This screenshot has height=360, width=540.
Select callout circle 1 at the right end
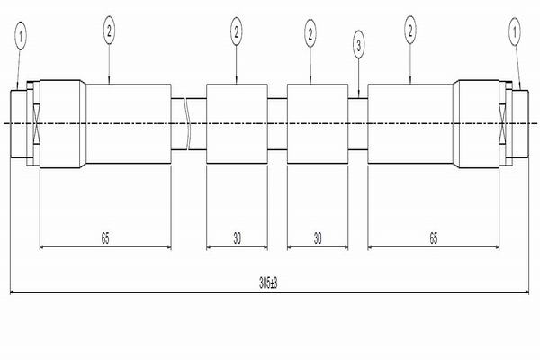pos(516,34)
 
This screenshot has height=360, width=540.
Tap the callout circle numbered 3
pos(359,43)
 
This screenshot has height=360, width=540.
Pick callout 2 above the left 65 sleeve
pos(110,31)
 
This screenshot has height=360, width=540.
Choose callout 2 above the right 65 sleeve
pos(410,31)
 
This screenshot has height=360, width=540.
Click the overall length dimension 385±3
pos(268,283)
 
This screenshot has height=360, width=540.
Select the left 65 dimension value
pos(105,238)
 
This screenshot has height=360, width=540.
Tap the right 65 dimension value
pos(434,238)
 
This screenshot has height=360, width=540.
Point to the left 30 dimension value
pos(237,238)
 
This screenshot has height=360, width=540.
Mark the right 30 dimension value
pos(317,238)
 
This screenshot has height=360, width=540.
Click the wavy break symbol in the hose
pos(187,123)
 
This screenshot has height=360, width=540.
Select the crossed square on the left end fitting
pos(37,123)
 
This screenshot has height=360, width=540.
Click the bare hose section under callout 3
pos(358,123)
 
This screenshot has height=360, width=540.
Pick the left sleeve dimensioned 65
pos(128,123)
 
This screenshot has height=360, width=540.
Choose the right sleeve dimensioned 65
pos(410,123)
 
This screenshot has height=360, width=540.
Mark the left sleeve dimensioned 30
pos(237,123)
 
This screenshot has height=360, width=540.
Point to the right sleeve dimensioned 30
pos(318,123)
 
